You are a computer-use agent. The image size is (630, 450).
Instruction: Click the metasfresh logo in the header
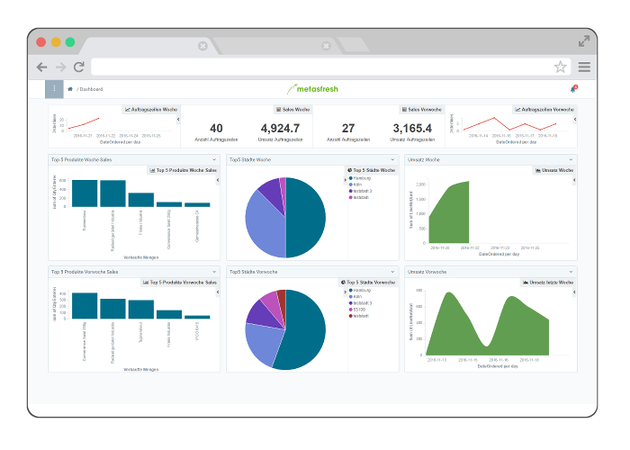click(315, 88)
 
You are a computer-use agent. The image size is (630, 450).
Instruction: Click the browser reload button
click(79, 67)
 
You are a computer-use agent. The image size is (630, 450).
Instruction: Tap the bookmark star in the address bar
click(560, 67)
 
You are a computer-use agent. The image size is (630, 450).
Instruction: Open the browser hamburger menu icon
click(584, 67)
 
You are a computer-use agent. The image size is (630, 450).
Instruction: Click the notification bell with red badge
click(573, 88)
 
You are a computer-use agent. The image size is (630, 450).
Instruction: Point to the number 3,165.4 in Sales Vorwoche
click(412, 129)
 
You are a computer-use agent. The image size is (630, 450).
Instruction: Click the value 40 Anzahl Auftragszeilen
click(216, 129)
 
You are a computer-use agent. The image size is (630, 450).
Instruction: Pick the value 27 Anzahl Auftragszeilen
click(348, 129)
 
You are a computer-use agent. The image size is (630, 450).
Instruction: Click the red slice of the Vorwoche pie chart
click(281, 296)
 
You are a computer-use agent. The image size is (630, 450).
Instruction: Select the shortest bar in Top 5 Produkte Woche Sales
click(197, 204)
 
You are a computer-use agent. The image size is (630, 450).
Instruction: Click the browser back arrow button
click(41, 67)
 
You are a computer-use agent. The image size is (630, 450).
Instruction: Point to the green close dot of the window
click(70, 41)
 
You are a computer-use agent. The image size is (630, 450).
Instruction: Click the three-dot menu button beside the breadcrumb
click(55, 88)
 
